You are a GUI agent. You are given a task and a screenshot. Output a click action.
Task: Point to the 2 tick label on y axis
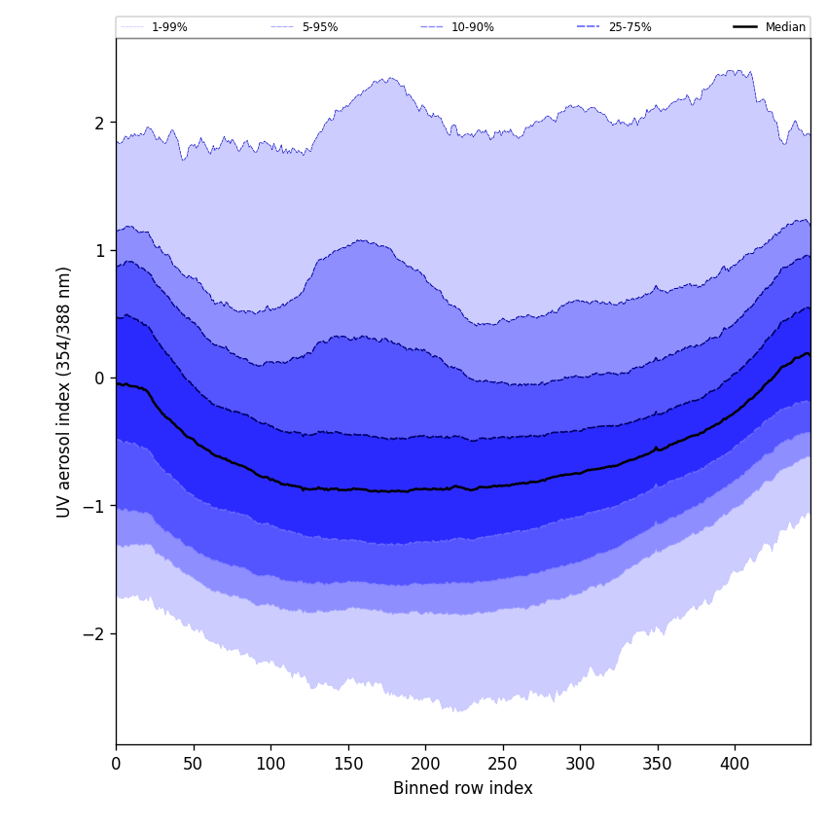tap(98, 123)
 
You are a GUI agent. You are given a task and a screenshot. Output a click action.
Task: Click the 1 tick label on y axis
tap(98, 250)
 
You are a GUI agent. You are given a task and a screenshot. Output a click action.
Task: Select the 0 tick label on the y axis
tap(98, 378)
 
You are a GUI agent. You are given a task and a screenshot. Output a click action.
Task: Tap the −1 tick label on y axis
tap(93, 506)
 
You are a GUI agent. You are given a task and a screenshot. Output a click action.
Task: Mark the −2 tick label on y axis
tap(93, 633)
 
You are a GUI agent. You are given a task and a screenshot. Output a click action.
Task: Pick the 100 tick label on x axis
tap(270, 764)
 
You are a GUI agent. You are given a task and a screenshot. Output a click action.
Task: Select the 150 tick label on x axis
tap(348, 764)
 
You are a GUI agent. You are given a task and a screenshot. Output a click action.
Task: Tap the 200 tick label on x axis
tap(425, 764)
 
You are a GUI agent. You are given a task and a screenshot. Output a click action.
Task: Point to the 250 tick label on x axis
tap(503, 764)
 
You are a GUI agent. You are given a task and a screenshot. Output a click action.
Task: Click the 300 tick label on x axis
tap(580, 764)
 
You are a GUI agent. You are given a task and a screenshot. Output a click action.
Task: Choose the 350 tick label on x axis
tap(658, 764)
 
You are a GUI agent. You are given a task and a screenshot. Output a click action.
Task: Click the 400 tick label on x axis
tap(735, 764)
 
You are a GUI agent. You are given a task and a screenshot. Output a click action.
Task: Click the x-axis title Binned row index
tap(463, 788)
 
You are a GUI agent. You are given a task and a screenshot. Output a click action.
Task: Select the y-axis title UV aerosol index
tap(64, 391)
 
